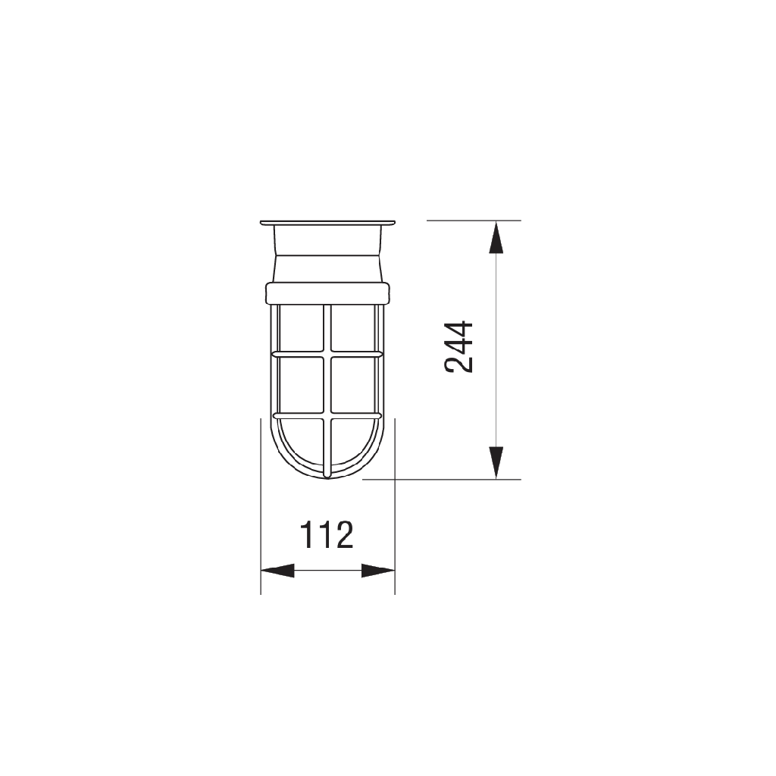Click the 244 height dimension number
[458, 346]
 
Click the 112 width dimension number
[327, 534]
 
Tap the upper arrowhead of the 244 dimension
[496, 237]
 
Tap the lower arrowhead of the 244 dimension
[496, 462]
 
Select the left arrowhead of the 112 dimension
[277, 571]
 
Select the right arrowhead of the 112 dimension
[378, 571]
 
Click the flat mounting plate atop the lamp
[327, 223]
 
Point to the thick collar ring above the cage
[327, 293]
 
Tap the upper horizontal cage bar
[327, 355]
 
